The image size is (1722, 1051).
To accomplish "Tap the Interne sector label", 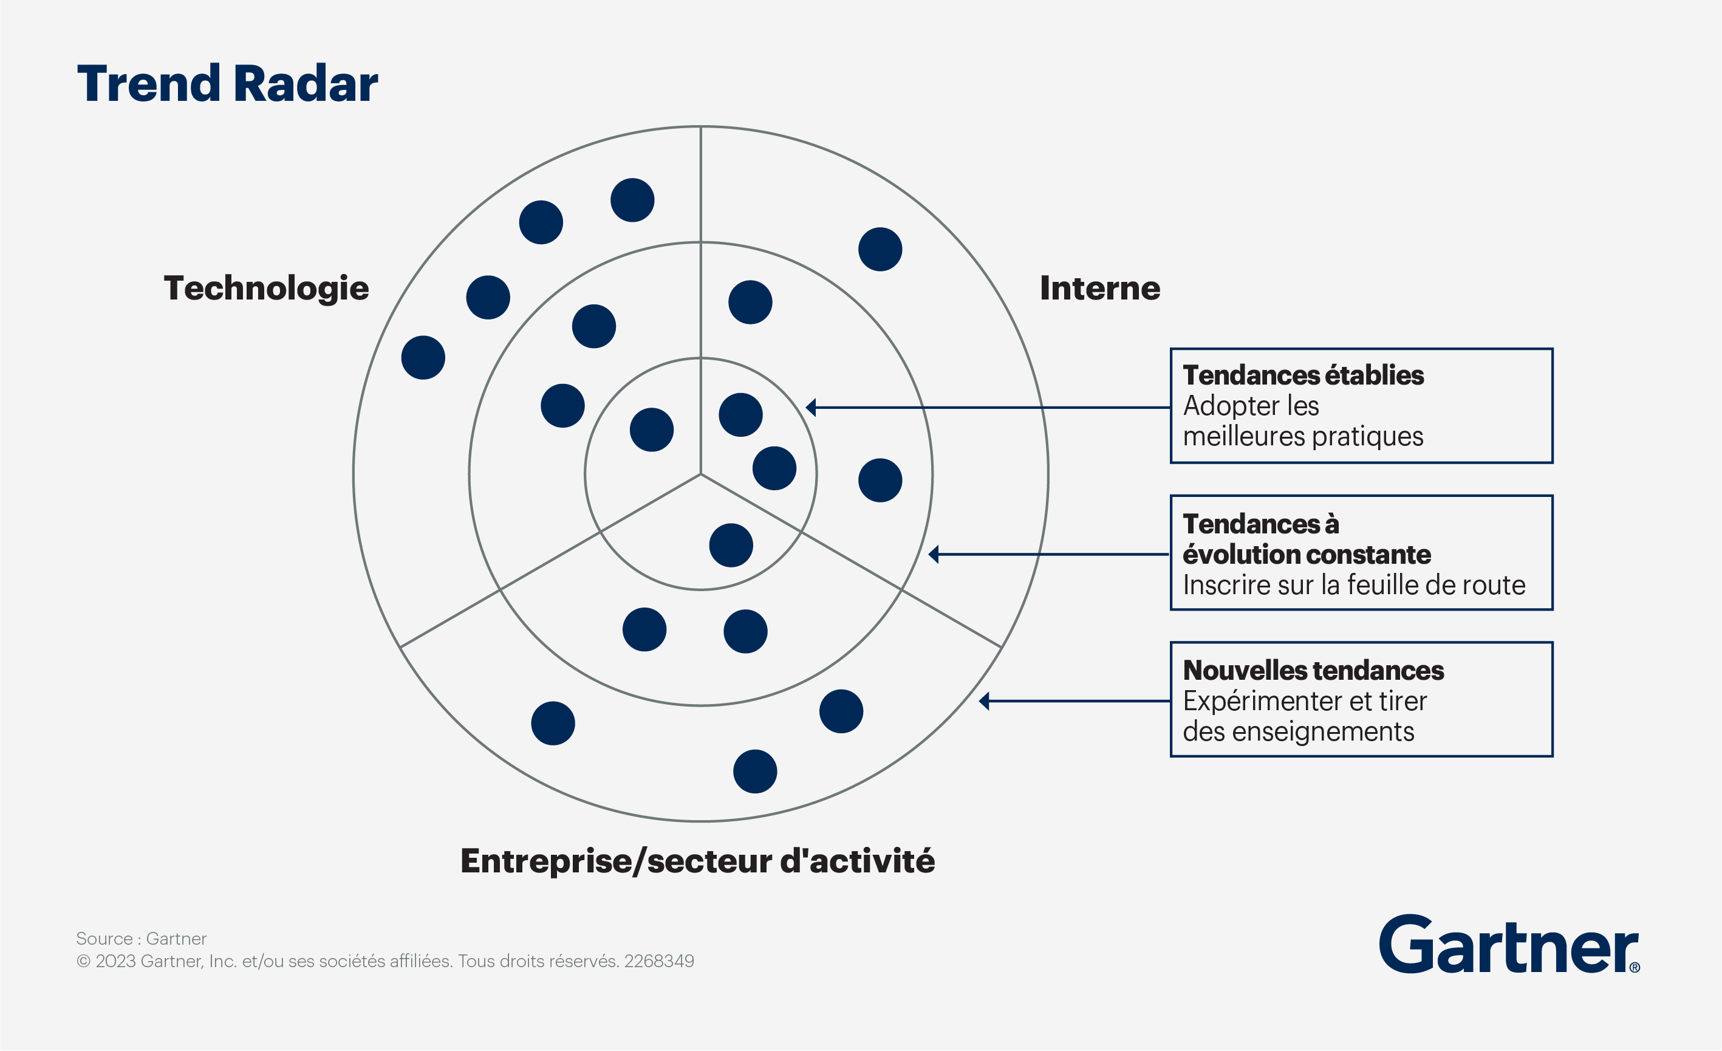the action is pos(1100,288).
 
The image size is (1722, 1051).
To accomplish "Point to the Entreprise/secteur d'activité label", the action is pos(697,861).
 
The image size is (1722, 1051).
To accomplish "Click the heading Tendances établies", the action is pos(1303,375).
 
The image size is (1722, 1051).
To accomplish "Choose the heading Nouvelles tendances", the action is pos(1313,670).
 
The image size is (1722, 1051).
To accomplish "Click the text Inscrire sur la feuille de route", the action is pos(1354,585).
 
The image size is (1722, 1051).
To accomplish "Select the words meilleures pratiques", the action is pos(1303,437).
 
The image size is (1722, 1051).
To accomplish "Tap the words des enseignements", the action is pos(1299,731).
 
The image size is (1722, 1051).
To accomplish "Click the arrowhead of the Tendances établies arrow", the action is pos(811,408).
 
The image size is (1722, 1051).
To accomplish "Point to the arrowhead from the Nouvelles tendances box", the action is pos(984,701).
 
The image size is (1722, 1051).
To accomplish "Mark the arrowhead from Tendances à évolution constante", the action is pos(933,554).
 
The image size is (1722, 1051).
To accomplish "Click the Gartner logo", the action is pos(1509,945).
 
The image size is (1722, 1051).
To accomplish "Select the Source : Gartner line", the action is pos(141,939).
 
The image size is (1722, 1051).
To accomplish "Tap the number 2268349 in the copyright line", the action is pos(659,961).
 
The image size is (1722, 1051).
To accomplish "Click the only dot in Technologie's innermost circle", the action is pos(651,430).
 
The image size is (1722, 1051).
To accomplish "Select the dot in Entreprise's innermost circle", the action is pos(731,545).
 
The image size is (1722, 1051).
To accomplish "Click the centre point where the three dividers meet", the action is pos(701,474).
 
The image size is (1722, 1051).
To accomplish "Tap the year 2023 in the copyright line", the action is pos(115,961).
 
